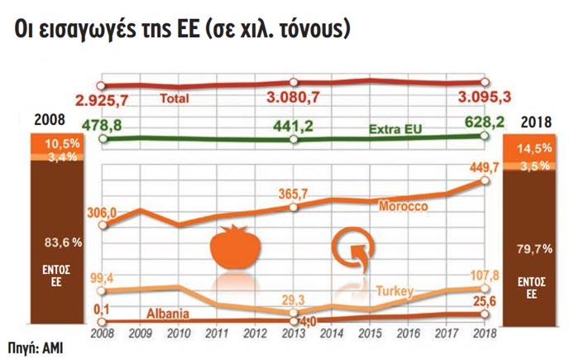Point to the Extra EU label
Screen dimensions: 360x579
(391, 131)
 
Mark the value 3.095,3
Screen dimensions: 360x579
(480, 100)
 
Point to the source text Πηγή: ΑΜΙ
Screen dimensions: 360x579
(36, 347)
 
